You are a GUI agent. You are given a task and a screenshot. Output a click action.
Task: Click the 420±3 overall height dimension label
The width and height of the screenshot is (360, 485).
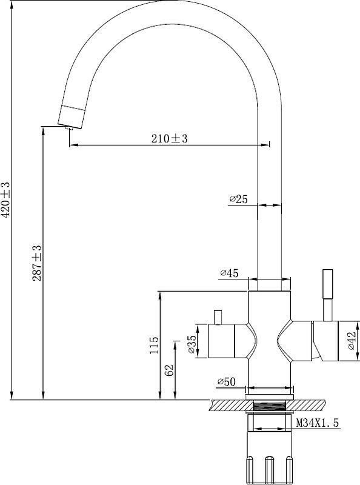coord(5,199)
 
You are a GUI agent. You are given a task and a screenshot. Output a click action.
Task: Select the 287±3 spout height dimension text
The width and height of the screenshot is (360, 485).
coord(37,263)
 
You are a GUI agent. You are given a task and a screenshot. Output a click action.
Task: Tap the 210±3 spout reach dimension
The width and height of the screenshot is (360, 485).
coord(170,138)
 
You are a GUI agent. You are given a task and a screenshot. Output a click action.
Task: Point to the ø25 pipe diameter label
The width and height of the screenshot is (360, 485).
coord(238,199)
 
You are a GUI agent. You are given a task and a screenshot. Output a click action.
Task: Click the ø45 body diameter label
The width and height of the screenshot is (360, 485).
coord(229,273)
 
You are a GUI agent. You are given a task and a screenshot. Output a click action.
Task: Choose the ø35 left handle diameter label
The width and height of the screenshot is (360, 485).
coord(192,344)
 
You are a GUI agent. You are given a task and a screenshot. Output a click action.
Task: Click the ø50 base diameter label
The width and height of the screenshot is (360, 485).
coord(227,382)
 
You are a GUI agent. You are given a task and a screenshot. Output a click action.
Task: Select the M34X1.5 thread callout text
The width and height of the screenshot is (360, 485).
coord(318,423)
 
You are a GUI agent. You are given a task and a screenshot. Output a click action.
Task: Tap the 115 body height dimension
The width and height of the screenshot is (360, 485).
coord(154,345)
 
